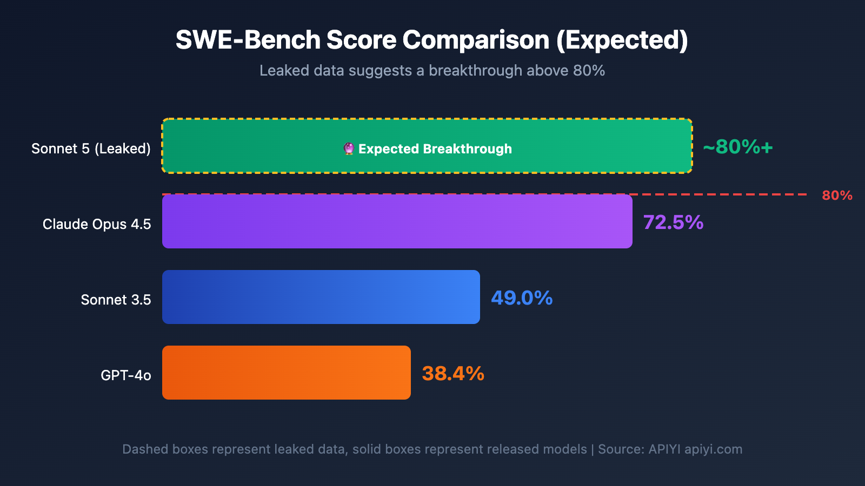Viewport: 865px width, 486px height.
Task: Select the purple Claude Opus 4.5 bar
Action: coord(397,221)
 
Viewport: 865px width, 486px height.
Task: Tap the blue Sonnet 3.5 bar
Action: coord(321,297)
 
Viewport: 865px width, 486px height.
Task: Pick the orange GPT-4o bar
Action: coord(287,373)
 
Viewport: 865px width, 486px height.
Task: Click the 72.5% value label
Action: coord(673,222)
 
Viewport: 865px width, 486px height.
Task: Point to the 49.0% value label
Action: coord(522,298)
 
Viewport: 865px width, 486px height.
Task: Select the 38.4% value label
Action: coord(453,374)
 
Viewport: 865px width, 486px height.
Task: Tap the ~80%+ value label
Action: coord(738,147)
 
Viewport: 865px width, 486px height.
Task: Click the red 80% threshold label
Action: coord(837,195)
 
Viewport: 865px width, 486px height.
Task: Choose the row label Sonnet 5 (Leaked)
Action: coord(91,148)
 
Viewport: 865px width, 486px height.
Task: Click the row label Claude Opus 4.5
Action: coord(97,224)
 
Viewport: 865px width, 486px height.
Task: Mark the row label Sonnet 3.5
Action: coord(116,300)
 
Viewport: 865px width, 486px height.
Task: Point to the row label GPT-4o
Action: coord(125,375)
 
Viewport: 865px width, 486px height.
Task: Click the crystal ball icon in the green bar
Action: coord(349,148)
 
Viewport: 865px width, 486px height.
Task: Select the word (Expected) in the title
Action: coord(622,40)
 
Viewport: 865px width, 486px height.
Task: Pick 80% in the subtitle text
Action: coord(589,71)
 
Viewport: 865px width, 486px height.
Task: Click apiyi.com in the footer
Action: coord(713,449)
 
